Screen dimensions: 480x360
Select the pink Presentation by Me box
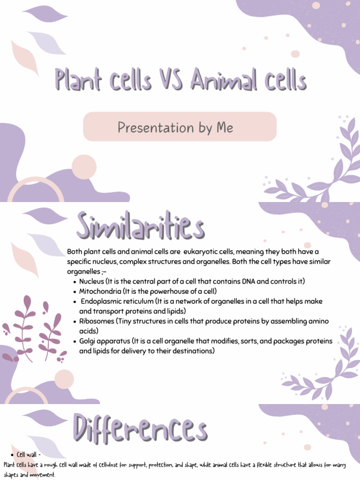tap(180, 127)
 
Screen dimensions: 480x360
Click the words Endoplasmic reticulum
tap(117, 301)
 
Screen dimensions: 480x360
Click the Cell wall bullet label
tap(28, 455)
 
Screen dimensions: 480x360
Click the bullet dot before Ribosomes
tap(75, 322)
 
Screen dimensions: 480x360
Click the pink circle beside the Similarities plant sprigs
tap(64, 379)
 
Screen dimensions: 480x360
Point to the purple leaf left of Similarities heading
tap(45, 216)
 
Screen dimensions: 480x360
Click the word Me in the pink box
tap(224, 127)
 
